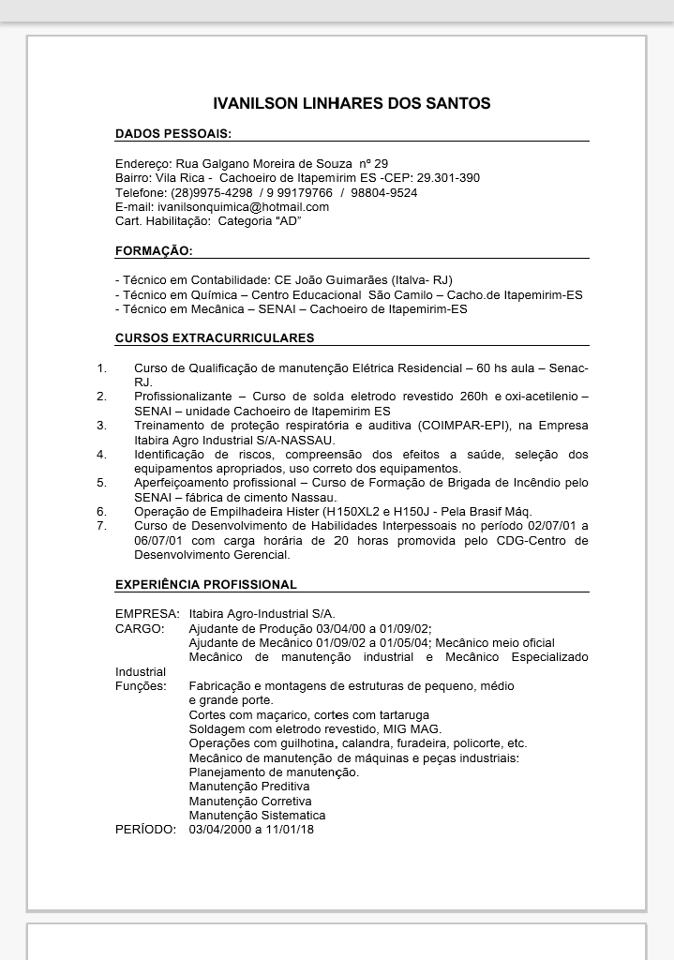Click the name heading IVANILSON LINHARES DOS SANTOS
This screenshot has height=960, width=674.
(x=352, y=103)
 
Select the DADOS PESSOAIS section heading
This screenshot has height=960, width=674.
(x=173, y=134)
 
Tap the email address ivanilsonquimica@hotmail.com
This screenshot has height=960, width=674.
(x=243, y=206)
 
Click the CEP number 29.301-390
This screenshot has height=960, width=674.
(x=448, y=178)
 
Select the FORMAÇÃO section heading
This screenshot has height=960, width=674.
(x=154, y=251)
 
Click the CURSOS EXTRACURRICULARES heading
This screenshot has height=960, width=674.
(x=215, y=337)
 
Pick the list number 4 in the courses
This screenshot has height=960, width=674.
(x=101, y=454)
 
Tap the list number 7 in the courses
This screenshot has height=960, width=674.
(x=101, y=525)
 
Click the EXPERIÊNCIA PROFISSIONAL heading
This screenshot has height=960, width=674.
(x=206, y=584)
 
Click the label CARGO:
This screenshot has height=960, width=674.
(x=140, y=628)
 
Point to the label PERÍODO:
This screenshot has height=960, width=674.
(x=144, y=830)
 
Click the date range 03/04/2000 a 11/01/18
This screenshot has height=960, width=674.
(x=251, y=830)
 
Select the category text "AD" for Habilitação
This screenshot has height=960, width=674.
(x=287, y=221)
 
